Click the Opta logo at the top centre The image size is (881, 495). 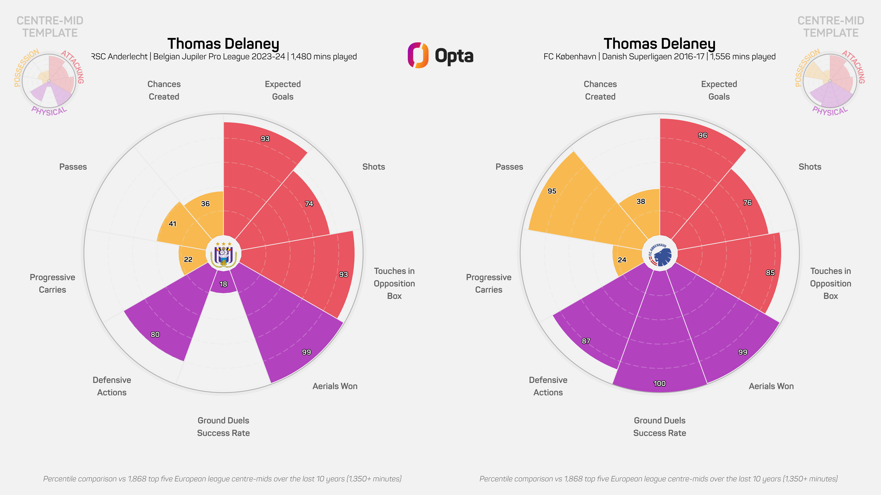[x=440, y=55]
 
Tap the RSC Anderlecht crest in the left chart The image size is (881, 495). [x=223, y=254]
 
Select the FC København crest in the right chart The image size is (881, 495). [x=660, y=254]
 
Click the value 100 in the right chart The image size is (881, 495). [x=659, y=384]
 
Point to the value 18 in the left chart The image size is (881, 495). [x=223, y=284]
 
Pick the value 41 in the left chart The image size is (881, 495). [x=172, y=224]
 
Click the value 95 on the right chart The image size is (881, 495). [x=552, y=191]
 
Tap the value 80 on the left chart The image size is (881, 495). [x=155, y=334]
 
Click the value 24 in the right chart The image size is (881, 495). [x=622, y=260]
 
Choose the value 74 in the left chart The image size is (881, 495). [x=309, y=204]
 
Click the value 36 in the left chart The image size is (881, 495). [x=205, y=204]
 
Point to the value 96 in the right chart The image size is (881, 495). [x=702, y=135]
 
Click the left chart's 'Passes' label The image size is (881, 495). [x=73, y=167]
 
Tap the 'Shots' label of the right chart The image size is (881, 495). [x=810, y=167]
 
